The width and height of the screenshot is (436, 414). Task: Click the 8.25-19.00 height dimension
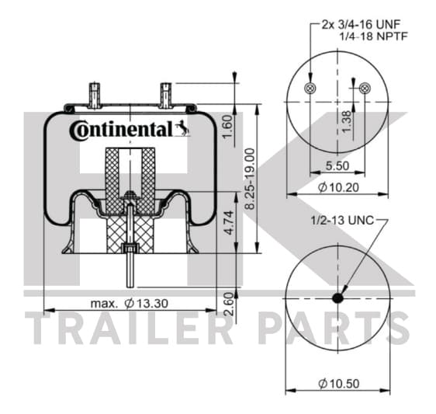(x=250, y=179)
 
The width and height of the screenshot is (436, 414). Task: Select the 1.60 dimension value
(x=228, y=127)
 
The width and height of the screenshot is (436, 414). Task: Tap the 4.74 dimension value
(x=230, y=223)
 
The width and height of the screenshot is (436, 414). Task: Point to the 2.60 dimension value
(x=229, y=304)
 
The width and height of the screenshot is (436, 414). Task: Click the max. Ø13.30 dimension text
(x=130, y=303)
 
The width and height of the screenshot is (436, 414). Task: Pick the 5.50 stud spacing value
(x=337, y=165)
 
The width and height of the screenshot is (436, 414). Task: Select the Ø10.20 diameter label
(x=338, y=187)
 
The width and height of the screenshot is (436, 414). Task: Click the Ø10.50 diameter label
(x=339, y=384)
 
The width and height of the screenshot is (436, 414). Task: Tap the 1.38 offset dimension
(x=347, y=122)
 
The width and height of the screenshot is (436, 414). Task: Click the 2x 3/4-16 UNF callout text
(x=361, y=25)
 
